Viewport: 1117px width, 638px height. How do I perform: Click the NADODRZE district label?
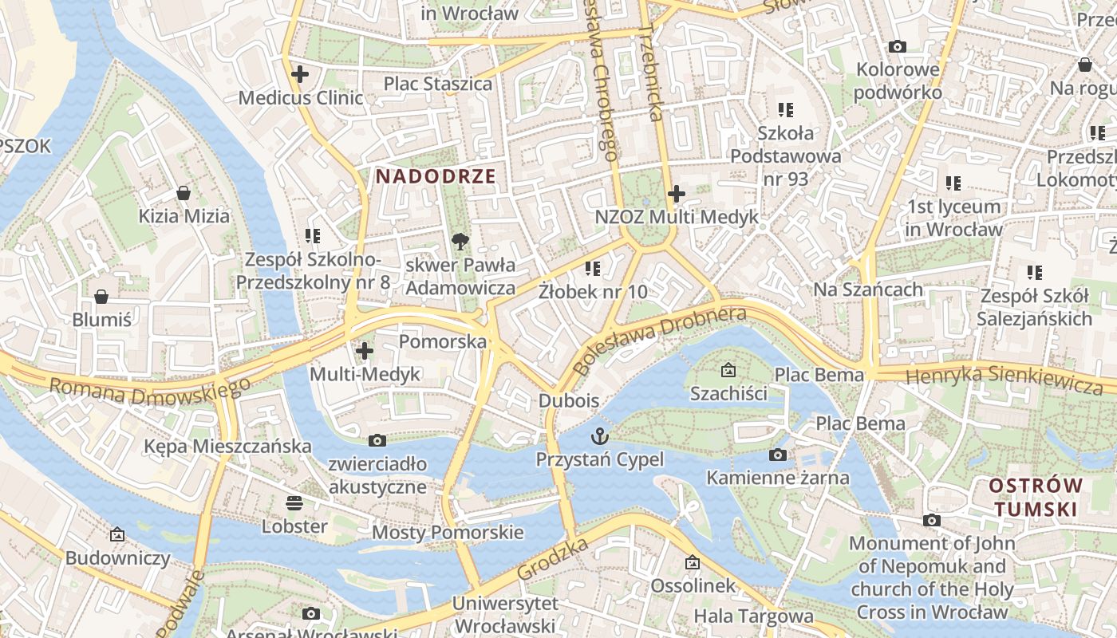pos(436,176)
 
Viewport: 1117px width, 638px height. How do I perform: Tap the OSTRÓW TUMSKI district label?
pos(1036,497)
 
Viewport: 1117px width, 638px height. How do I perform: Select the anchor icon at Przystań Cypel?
pos(599,436)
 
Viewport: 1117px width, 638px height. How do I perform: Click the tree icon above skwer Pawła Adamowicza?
pos(460,241)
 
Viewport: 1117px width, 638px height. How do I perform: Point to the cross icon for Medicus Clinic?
pos(300,75)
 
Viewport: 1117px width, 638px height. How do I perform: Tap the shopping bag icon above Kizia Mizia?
pos(184,193)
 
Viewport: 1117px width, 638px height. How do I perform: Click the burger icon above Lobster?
pos(294,503)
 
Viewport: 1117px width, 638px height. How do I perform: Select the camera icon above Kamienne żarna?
pos(777,455)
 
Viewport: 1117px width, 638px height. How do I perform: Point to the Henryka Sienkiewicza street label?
pos(1005,377)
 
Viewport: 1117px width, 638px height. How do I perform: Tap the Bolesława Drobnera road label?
pos(660,340)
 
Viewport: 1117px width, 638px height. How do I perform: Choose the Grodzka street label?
pos(552,559)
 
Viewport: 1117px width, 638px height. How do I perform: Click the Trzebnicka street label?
pos(652,72)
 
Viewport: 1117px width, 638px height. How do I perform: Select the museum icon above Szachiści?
pos(728,370)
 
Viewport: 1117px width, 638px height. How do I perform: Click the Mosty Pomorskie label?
pos(448,532)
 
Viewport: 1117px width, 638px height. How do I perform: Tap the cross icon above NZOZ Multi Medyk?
pos(677,193)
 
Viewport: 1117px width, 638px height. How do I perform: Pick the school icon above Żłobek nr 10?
pos(592,269)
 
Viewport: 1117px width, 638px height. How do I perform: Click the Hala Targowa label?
pos(753,616)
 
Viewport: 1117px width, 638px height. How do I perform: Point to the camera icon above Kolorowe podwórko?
pos(898,46)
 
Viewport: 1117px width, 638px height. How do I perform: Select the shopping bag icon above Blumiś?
pos(101,297)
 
